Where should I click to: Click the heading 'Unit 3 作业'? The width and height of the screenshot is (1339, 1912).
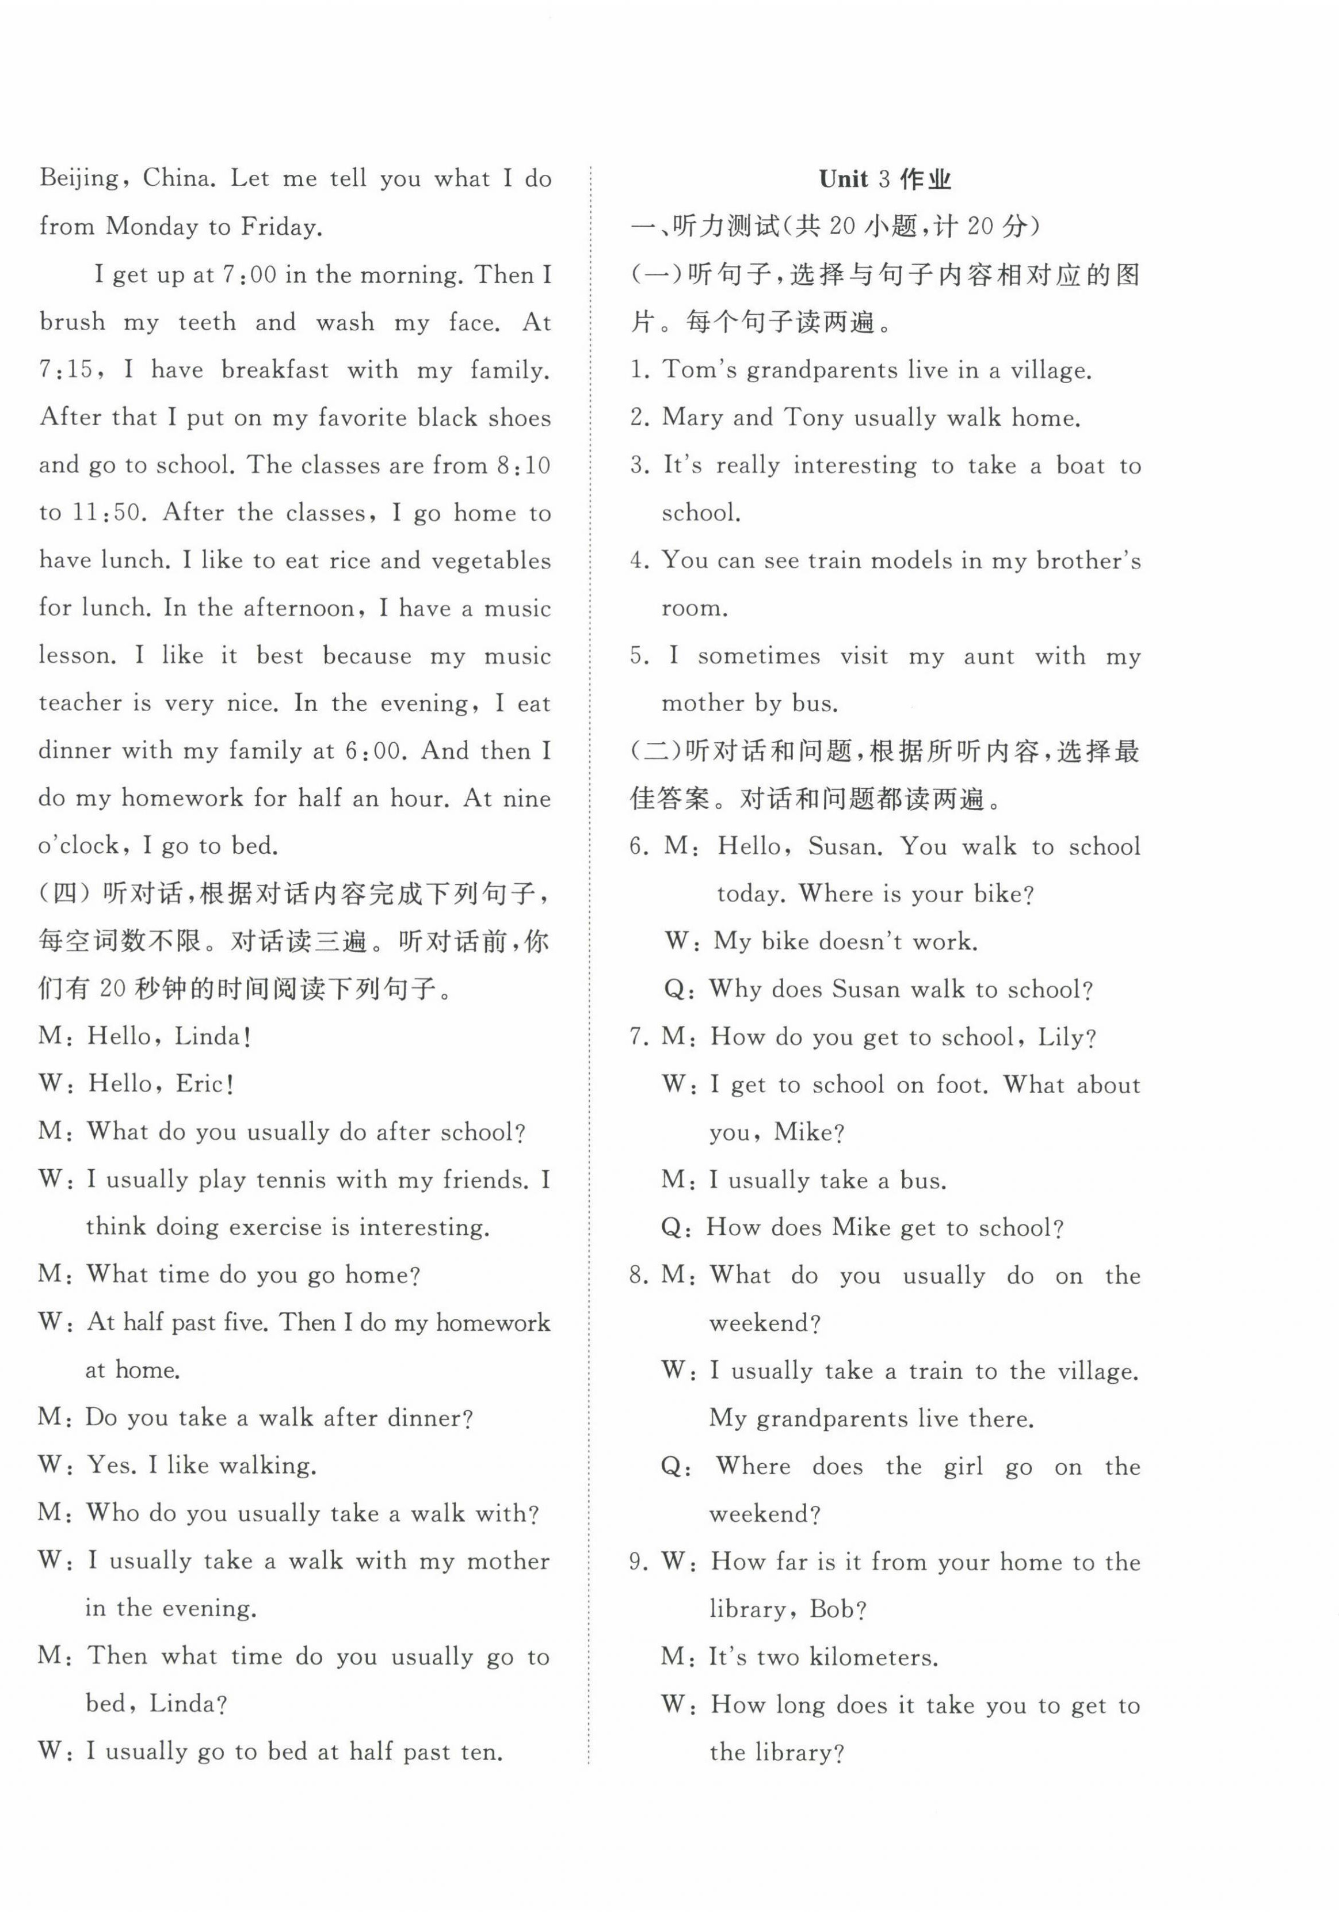tap(884, 179)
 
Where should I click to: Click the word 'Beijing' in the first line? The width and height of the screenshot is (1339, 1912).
tap(79, 179)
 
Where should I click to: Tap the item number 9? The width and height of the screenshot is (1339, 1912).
tap(639, 1562)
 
